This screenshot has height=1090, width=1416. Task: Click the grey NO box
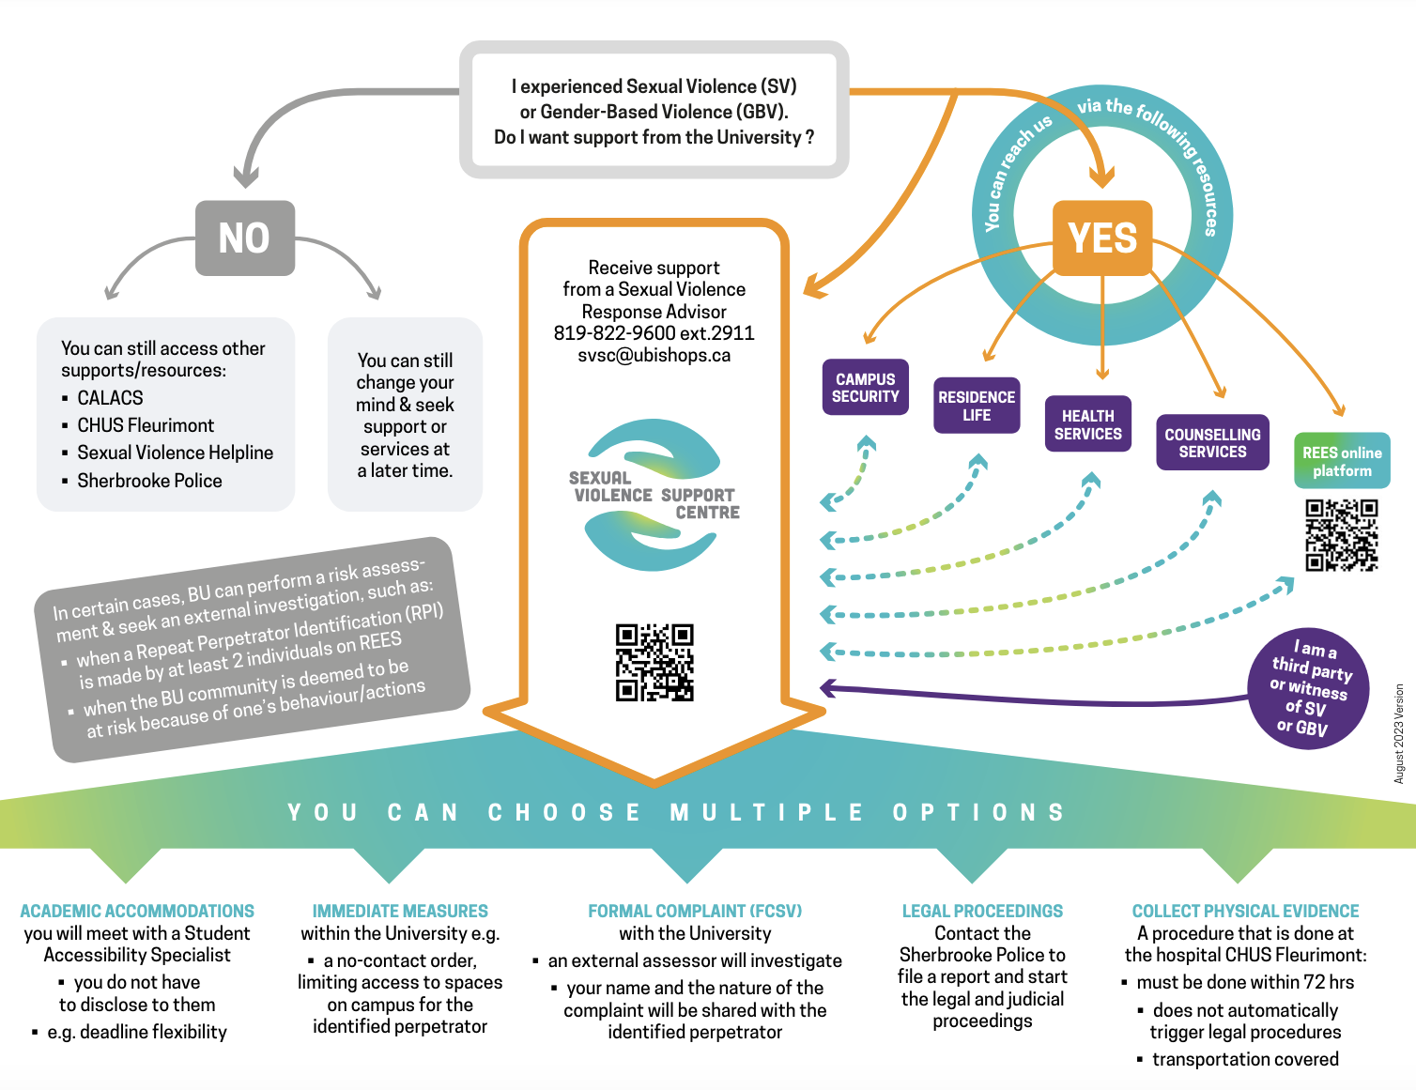pyautogui.click(x=244, y=238)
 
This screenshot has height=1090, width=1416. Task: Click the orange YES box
pyautogui.click(x=1102, y=238)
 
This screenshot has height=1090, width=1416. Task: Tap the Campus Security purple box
pyautogui.click(x=865, y=388)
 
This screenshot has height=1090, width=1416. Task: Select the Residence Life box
pyautogui.click(x=977, y=406)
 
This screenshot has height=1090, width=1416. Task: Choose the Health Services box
pyautogui.click(x=1087, y=424)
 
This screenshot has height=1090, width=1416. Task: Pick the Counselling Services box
pyautogui.click(x=1212, y=442)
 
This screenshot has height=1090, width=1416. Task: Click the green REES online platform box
pyautogui.click(x=1342, y=461)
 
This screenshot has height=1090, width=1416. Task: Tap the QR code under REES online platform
pyautogui.click(x=1342, y=535)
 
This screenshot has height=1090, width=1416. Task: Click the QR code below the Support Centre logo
pyautogui.click(x=654, y=663)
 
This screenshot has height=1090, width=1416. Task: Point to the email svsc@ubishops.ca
pyautogui.click(x=654, y=356)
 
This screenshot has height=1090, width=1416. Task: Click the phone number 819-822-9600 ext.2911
pyautogui.click(x=654, y=333)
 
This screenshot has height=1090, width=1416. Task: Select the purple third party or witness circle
pyautogui.click(x=1308, y=689)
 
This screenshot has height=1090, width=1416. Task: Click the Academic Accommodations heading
pyautogui.click(x=137, y=911)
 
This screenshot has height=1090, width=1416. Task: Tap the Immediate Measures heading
pyautogui.click(x=400, y=911)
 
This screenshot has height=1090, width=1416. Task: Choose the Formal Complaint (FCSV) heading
pyautogui.click(x=695, y=911)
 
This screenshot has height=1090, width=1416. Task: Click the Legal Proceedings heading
pyautogui.click(x=982, y=911)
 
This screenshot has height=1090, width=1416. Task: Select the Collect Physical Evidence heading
pyautogui.click(x=1245, y=911)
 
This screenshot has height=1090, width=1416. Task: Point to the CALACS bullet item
pyautogui.click(x=110, y=398)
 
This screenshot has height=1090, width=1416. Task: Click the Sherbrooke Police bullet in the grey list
pyautogui.click(x=149, y=481)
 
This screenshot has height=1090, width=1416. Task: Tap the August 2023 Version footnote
pyautogui.click(x=1399, y=733)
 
